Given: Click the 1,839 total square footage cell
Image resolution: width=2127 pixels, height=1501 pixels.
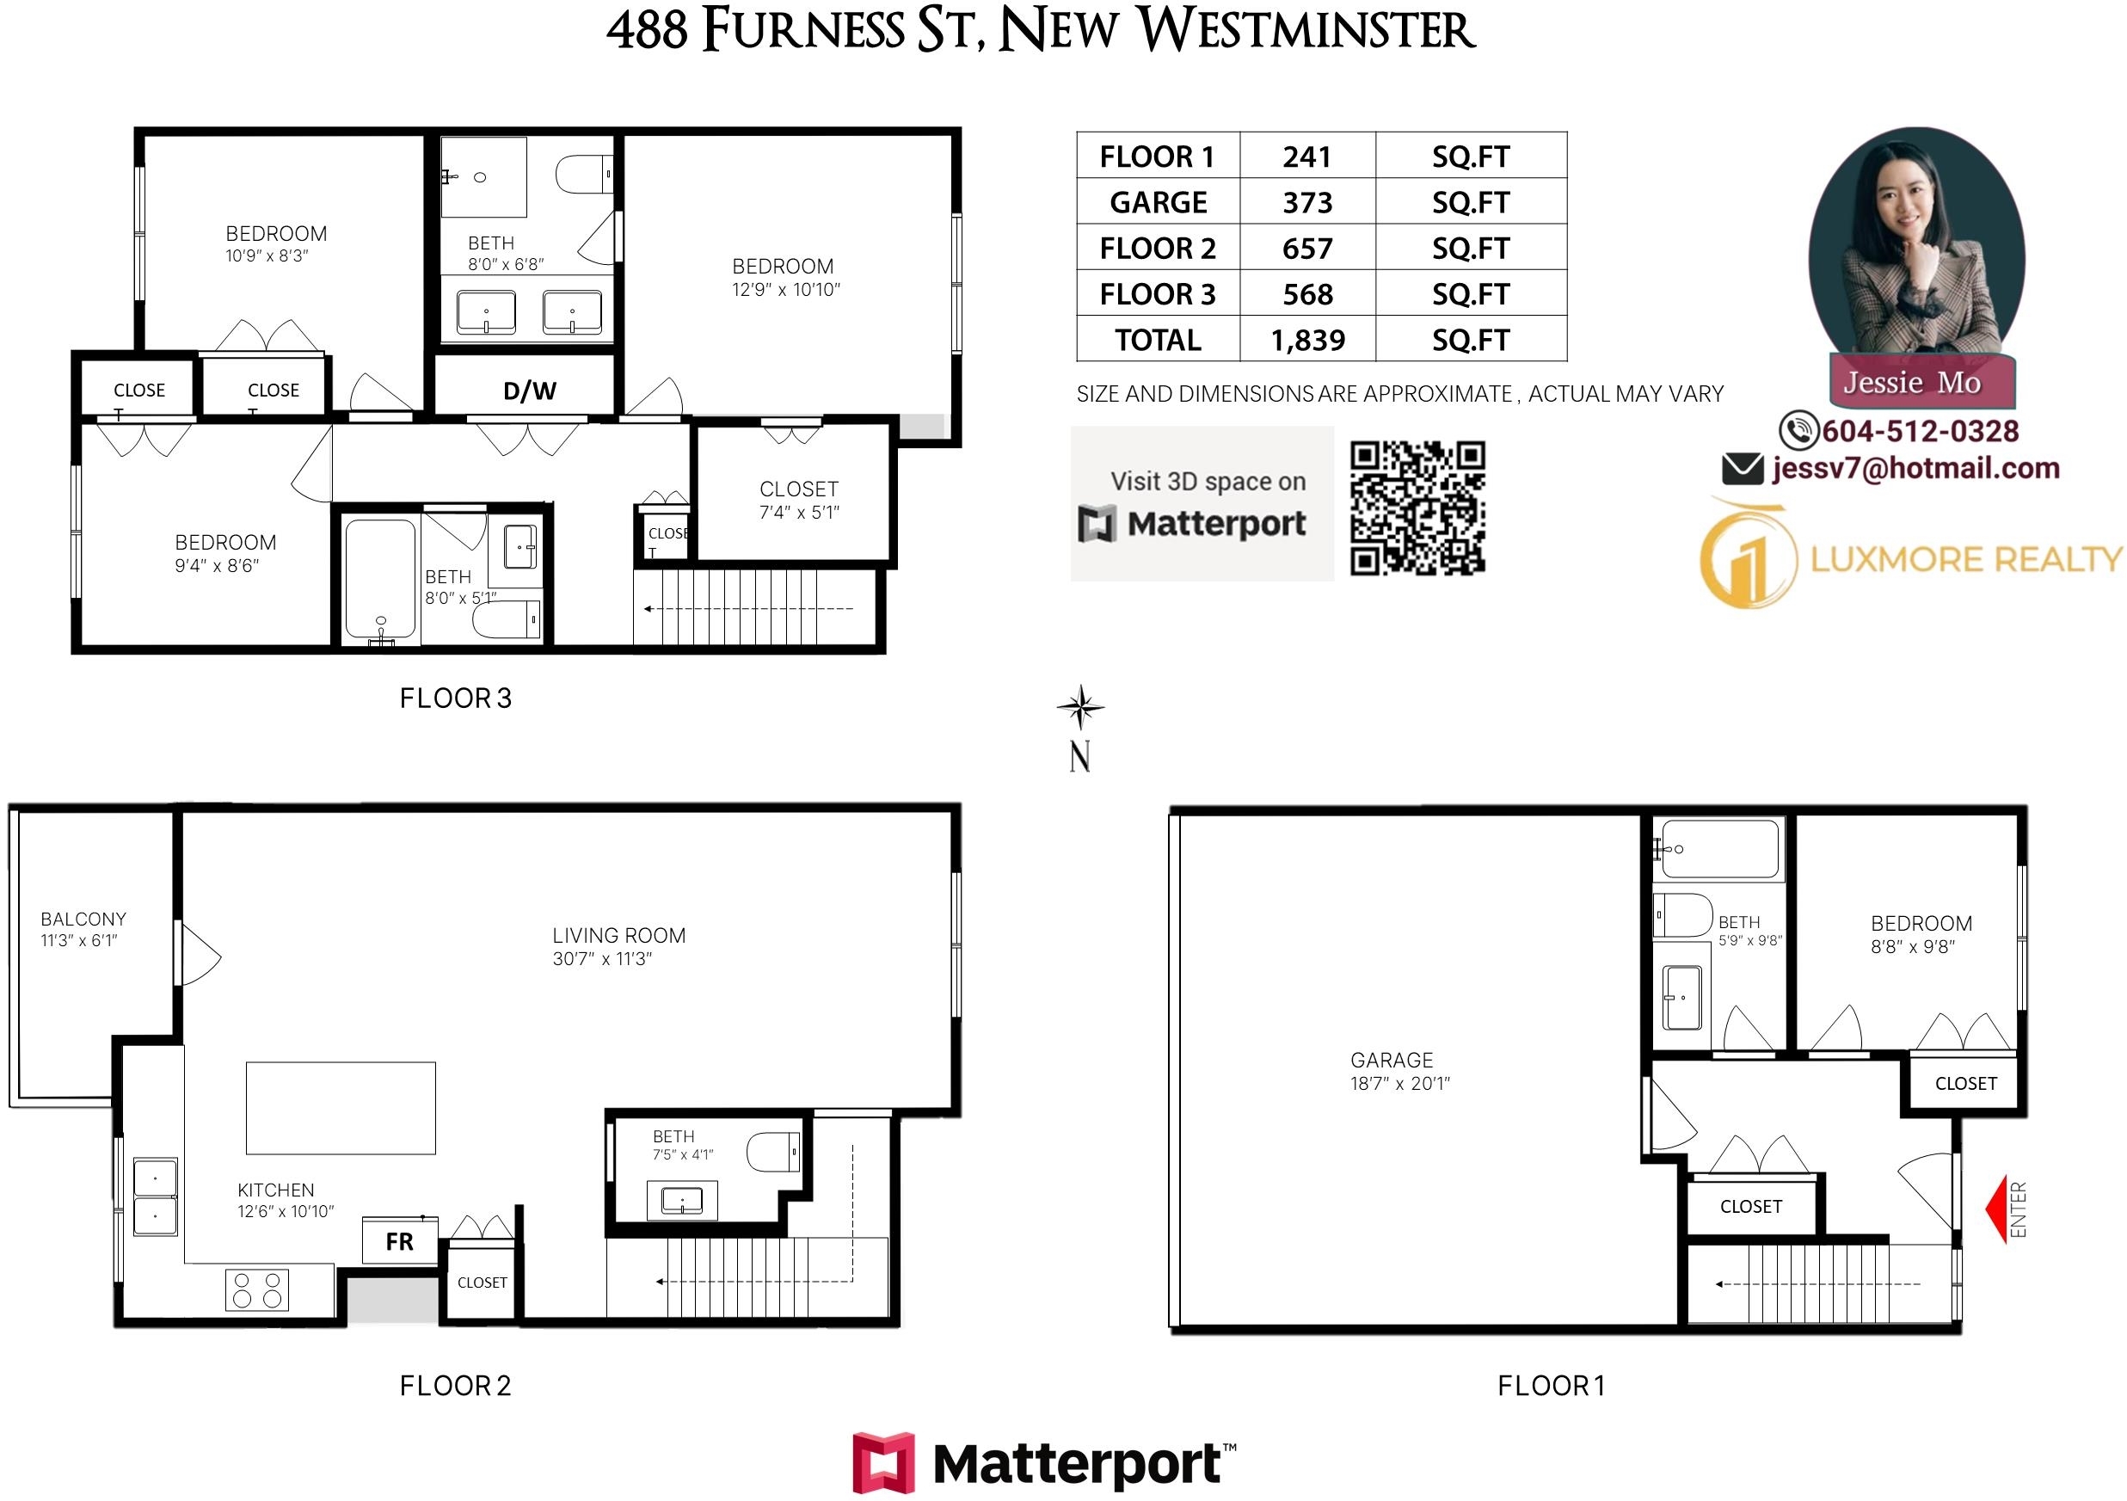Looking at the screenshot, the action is tap(1307, 340).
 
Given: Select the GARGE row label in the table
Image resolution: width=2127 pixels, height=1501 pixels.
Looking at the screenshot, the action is tap(1158, 202).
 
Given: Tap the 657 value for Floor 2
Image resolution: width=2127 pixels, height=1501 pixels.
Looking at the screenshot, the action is tap(1307, 249).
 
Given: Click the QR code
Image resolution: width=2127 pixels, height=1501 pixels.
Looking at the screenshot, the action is tap(1417, 508).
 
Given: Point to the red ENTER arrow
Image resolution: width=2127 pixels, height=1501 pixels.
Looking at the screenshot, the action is tap(1996, 1209).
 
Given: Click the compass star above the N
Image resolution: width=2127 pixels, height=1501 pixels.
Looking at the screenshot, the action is tap(1080, 709).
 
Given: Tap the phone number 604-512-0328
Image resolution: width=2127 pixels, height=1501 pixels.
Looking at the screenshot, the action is tap(1920, 431).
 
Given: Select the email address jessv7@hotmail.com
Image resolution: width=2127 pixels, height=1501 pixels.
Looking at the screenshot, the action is tap(1915, 468).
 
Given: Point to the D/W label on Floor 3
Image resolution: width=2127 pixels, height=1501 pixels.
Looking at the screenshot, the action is tap(530, 391).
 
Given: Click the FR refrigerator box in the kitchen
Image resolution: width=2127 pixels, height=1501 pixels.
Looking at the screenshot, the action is tap(399, 1240).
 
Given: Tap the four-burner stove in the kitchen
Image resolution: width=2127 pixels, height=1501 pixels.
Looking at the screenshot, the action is tap(256, 1289).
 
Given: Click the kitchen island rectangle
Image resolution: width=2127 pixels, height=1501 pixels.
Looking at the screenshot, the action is tap(341, 1108).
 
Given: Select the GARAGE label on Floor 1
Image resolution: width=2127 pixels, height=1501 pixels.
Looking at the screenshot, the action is tap(1392, 1060).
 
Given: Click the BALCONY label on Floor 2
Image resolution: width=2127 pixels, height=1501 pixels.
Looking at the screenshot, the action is tap(83, 920).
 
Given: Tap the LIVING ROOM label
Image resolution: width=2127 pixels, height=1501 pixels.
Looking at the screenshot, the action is tap(618, 936).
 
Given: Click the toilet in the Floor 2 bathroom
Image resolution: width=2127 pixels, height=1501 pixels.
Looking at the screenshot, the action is tap(773, 1153).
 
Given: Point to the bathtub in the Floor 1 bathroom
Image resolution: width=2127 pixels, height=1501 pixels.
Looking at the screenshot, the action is tap(1719, 849).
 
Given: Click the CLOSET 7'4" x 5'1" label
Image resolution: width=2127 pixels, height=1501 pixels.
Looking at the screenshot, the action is tap(798, 500).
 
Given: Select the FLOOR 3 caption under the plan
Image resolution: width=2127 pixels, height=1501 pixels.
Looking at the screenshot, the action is tap(455, 698).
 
